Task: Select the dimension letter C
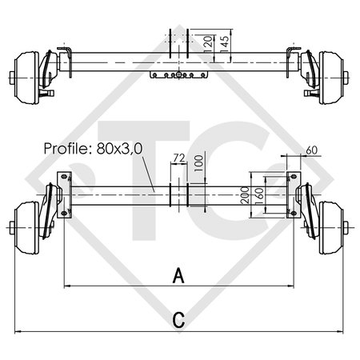(179, 320)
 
